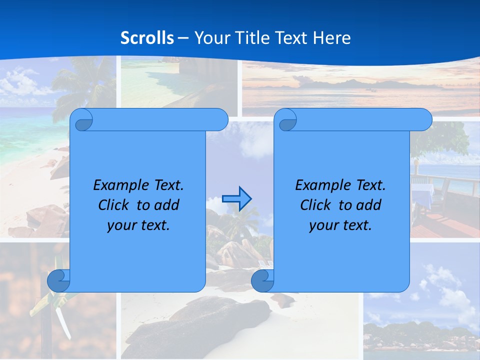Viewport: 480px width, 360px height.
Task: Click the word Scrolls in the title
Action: pyautogui.click(x=147, y=37)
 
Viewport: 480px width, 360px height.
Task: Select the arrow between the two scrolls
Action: pyautogui.click(x=236, y=199)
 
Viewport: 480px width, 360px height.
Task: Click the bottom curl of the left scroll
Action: pyautogui.click(x=58, y=280)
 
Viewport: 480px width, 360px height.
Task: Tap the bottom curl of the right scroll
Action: pyautogui.click(x=262, y=281)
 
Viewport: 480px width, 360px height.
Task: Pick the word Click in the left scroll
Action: pyautogui.click(x=112, y=205)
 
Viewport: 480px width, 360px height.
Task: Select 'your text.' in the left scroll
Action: pyautogui.click(x=138, y=225)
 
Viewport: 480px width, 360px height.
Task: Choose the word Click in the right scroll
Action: pyautogui.click(x=315, y=205)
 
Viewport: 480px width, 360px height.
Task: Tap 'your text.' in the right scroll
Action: pyautogui.click(x=340, y=225)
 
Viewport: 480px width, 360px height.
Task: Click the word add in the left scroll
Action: pyautogui.click(x=166, y=205)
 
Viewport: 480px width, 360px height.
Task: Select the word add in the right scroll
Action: pyautogui.click(x=368, y=205)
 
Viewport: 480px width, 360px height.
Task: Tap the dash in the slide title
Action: pyautogui.click(x=183, y=37)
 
